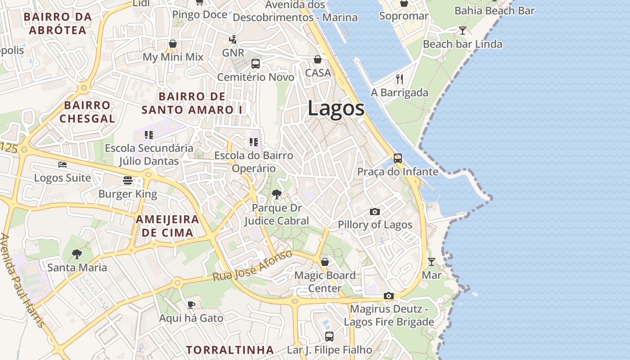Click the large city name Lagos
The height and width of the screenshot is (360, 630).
336,108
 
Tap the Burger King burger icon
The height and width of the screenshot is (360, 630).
128,180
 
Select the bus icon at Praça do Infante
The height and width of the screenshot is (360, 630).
398,158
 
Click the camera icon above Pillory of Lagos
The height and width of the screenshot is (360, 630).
374,211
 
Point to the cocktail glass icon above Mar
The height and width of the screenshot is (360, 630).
432,261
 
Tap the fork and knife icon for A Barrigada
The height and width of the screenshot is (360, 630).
400,79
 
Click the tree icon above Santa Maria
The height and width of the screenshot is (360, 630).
77,254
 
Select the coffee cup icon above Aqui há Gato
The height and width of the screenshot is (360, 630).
191,305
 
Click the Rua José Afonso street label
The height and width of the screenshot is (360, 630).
252,266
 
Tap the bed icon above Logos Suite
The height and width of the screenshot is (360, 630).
63,164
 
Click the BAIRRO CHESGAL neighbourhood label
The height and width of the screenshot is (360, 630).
87,112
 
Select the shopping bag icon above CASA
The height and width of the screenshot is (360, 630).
318,59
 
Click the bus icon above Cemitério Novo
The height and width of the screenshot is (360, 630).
256,63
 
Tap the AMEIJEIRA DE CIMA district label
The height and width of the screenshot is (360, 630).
167,226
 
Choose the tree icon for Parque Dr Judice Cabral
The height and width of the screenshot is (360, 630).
277,194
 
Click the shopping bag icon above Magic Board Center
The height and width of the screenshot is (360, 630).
324,261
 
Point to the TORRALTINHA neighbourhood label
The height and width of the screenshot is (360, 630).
230,350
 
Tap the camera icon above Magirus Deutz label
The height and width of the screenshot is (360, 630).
389,296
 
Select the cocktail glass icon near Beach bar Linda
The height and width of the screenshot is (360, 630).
462,31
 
